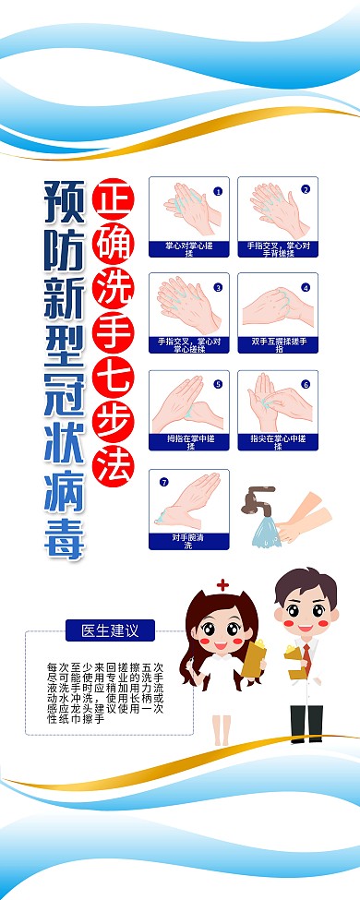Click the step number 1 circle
point(218,191)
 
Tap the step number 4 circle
point(306,287)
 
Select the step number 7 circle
point(163,481)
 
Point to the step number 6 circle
point(306,384)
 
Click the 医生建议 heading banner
point(110,631)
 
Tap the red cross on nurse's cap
point(222,585)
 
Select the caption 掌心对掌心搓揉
point(188,249)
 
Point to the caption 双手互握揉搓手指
point(278,345)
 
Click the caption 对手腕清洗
point(188,541)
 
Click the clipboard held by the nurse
point(253,657)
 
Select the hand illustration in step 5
point(188,402)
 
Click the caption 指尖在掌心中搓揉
point(278,442)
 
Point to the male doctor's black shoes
point(306,737)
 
